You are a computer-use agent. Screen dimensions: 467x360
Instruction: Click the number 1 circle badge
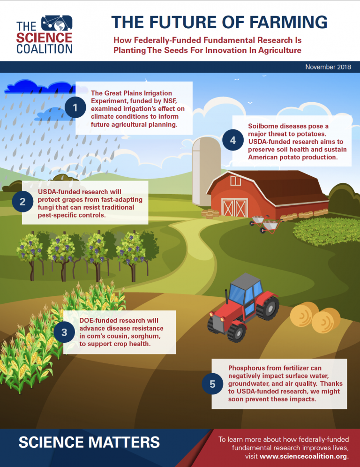tap(75, 108)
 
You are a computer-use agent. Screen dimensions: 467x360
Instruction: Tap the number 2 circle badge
tap(22, 202)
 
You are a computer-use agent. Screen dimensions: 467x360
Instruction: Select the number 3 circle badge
tap(64, 332)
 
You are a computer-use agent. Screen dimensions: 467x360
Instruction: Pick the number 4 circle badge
tap(232, 140)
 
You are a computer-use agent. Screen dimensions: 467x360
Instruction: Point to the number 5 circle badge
tap(212, 384)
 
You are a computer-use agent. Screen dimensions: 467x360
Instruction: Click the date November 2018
tap(328, 67)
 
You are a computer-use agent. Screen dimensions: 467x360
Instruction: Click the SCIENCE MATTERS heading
tap(89, 442)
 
